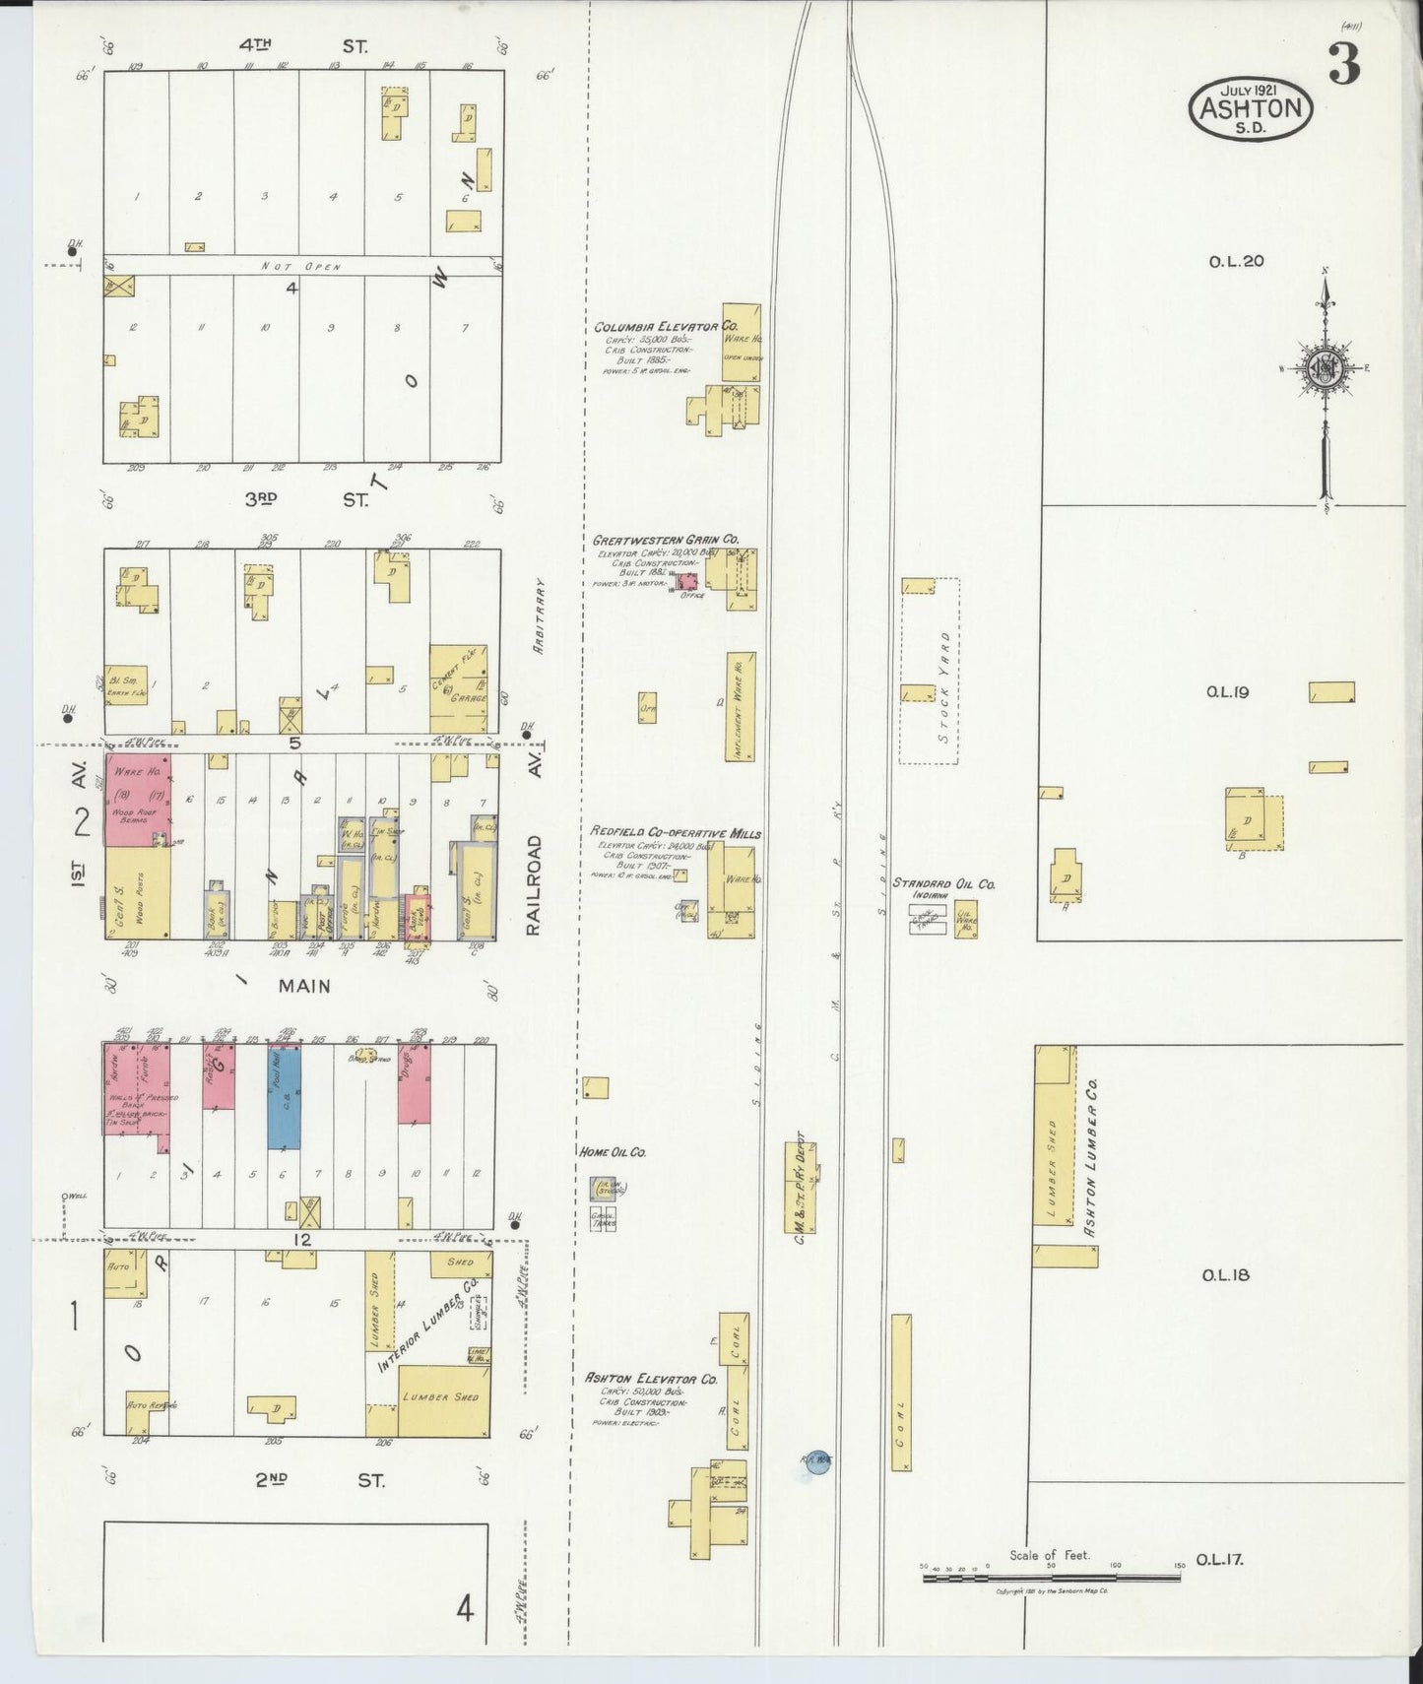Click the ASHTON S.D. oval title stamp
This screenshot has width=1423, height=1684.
(1252, 107)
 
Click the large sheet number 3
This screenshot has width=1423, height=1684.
(1344, 64)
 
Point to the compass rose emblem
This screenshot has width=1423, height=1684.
(1325, 368)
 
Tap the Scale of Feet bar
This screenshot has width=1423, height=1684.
(1051, 1578)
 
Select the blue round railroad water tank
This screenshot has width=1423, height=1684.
(817, 1462)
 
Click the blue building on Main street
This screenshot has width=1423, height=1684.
(285, 1096)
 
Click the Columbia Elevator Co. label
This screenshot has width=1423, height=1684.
(665, 326)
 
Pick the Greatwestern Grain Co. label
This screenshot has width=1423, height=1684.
(665, 541)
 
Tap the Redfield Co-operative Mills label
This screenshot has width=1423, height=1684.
(676, 833)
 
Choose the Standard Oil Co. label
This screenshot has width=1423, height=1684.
(943, 884)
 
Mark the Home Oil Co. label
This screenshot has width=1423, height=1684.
(612, 1151)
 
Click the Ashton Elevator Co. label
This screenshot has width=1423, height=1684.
(651, 1380)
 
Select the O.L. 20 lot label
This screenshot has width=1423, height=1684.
(1236, 262)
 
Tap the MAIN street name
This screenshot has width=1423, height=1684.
(304, 986)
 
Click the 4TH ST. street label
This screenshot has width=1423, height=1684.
(303, 45)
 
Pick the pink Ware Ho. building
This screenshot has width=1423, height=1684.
(137, 799)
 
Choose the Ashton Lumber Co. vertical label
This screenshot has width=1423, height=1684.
(1090, 1157)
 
